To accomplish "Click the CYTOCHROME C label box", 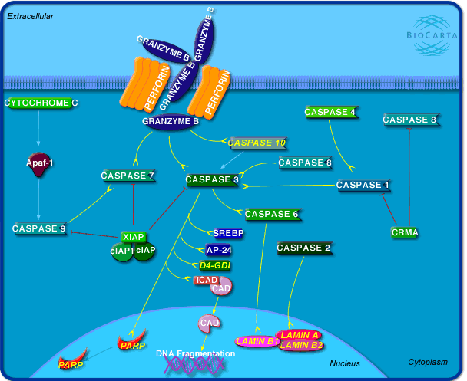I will (41, 103).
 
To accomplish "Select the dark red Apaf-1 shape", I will (39, 164).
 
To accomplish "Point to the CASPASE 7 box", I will (128, 176).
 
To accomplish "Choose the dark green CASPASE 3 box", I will (213, 179).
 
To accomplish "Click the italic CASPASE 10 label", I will (257, 143).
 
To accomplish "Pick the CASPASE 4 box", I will (330, 113).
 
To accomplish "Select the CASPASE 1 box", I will (363, 185).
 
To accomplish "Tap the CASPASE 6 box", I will (271, 214).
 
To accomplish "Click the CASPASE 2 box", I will (303, 248).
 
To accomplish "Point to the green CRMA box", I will (404, 232).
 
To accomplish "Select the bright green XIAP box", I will (134, 237).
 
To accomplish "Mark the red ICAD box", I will (206, 280).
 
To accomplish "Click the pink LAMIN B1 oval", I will (256, 341).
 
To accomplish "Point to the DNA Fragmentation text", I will (195, 353).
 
